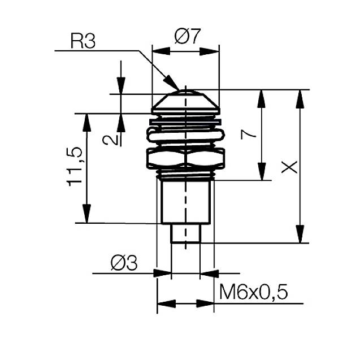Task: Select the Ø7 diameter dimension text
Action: click(187, 38)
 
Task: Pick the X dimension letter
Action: click(289, 166)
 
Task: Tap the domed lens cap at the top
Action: click(185, 101)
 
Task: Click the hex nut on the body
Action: click(185, 158)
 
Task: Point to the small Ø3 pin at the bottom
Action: click(185, 233)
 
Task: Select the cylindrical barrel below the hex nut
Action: click(185, 201)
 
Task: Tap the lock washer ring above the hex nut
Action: click(185, 135)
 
